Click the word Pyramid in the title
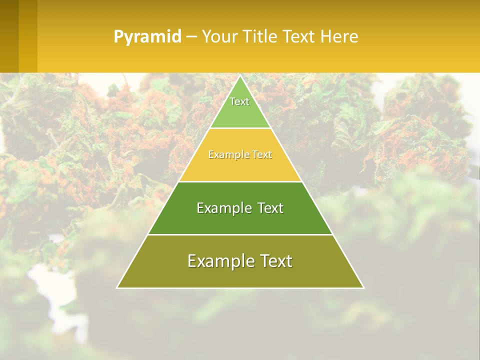pos(147,36)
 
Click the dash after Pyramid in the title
pos(191,37)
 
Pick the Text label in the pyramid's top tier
pos(239,101)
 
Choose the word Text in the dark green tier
pos(270,208)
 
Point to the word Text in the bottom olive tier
pos(276,261)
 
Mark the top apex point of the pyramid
pos(240,76)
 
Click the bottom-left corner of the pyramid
pos(117,287)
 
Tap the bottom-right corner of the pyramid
pos(363,287)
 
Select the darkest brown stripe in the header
pos(9,36)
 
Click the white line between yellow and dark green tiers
pos(240,181)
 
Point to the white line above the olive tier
pos(240,234)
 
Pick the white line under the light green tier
pos(240,128)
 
